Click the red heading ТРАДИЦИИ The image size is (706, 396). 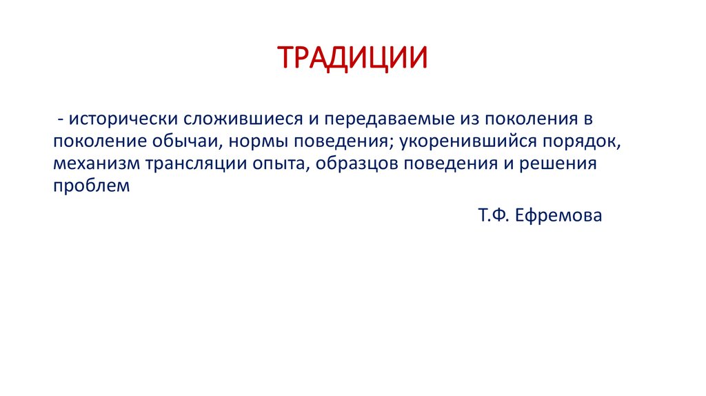pyautogui.click(x=352, y=58)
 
